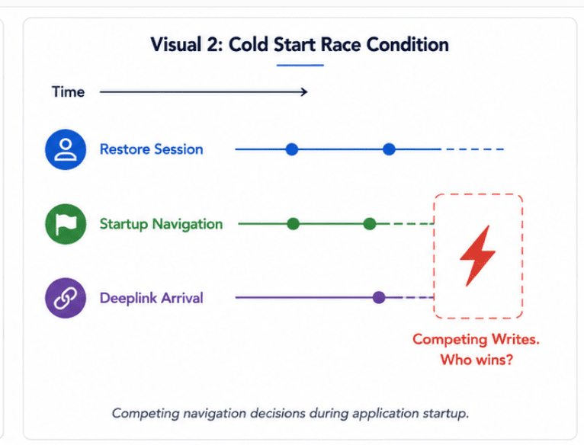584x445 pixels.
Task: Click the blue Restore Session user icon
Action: point(66,149)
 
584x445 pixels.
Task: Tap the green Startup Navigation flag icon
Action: point(66,224)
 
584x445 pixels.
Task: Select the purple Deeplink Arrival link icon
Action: point(66,298)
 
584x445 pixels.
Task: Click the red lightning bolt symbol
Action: point(477,256)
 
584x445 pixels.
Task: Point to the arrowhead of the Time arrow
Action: point(305,92)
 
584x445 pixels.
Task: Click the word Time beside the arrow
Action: point(68,92)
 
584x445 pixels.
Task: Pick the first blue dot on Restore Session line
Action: point(292,149)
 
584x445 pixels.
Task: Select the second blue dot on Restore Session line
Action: point(389,149)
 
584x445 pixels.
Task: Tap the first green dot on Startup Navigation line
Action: point(293,224)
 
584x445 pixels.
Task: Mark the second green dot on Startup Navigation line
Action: point(370,224)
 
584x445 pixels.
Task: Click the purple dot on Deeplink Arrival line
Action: point(379,297)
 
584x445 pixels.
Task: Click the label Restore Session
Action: point(151,149)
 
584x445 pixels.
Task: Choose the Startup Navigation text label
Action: point(162,224)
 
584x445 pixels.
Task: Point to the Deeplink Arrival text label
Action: point(152,298)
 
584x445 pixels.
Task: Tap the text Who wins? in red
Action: point(477,360)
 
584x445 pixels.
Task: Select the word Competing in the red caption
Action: point(450,340)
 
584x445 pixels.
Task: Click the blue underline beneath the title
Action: point(300,66)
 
